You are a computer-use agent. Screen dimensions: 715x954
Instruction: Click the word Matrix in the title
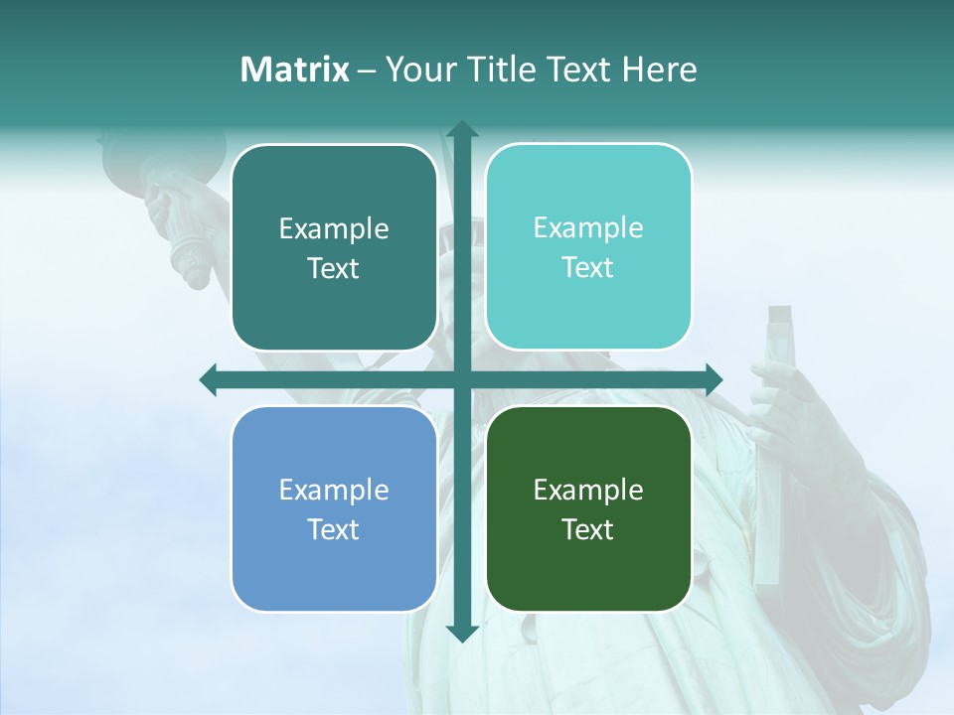[295, 70]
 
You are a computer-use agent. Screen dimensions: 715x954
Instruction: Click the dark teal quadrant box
[334, 248]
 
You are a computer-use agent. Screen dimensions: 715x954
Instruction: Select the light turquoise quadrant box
[588, 247]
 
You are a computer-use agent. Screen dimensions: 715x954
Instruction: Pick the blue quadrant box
[334, 508]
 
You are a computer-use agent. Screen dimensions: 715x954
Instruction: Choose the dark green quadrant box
[588, 508]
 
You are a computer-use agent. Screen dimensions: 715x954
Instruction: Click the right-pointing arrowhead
[713, 379]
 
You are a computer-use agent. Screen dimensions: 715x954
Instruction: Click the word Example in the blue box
[334, 490]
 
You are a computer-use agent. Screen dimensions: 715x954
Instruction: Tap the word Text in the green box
[588, 529]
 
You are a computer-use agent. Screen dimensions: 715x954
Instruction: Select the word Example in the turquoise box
[588, 227]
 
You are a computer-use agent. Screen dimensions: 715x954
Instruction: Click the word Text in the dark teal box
[334, 269]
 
